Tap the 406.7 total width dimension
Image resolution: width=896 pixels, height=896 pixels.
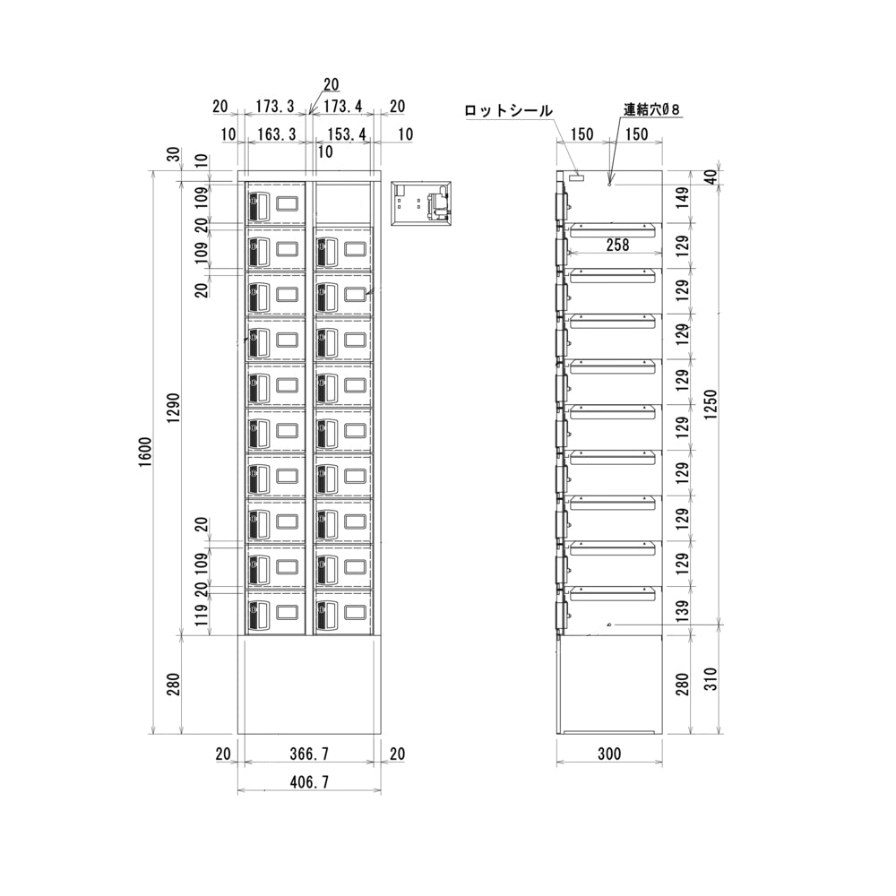[309, 782]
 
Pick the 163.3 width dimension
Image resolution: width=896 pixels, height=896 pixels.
[275, 134]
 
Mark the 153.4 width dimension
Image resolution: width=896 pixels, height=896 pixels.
[341, 134]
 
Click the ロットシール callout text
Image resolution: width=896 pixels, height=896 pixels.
[508, 110]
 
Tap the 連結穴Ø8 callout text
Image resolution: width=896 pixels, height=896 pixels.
[652, 109]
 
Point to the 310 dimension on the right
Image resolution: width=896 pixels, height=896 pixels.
[711, 685]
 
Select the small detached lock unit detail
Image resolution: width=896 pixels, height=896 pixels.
[421, 204]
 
